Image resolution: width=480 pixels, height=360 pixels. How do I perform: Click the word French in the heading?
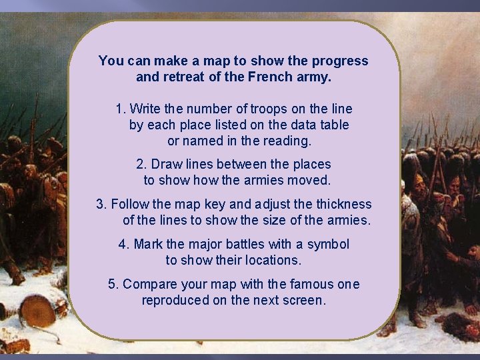tap(267, 77)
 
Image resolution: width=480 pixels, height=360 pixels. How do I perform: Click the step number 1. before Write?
tap(121, 109)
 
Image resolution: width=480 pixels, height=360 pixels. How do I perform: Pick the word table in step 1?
tap(334, 125)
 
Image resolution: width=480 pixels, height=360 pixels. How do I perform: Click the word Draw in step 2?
tap(165, 164)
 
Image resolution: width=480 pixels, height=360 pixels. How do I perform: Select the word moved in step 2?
tap(311, 180)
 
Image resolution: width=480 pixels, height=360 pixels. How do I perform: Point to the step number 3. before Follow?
tap(101, 204)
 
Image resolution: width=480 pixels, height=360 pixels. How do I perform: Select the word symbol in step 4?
tap(329, 244)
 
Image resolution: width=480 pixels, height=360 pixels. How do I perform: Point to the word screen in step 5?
tap(304, 300)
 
